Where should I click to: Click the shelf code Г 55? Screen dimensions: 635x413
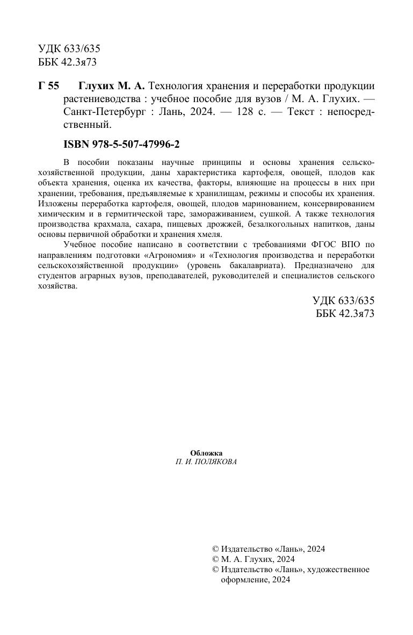[x=48, y=86]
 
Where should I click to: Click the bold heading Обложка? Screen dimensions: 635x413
[x=206, y=453]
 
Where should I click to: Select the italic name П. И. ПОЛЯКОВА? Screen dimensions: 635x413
[x=206, y=462]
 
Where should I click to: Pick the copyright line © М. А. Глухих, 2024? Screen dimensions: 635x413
[x=250, y=559]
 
